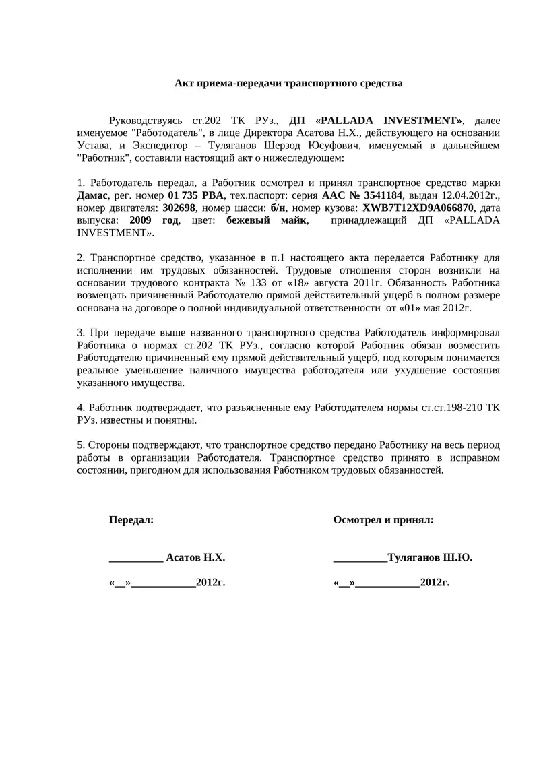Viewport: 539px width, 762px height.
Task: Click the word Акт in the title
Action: pos(185,84)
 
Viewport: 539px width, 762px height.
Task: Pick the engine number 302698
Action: pos(179,208)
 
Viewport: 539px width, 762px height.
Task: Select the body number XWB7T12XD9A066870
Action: pos(418,208)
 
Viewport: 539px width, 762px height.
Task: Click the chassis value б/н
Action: pos(278,208)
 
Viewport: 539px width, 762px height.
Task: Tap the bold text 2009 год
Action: pos(154,220)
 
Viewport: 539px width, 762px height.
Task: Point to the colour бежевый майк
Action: pos(267,220)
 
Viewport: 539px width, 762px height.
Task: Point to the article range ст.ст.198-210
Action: pos(439,408)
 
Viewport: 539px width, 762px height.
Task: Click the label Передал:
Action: pos(131,520)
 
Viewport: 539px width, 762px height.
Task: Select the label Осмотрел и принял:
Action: pos(383,520)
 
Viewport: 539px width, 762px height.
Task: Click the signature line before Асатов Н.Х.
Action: pos(135,559)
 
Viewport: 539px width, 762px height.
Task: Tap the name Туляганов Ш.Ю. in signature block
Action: pos(430,558)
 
